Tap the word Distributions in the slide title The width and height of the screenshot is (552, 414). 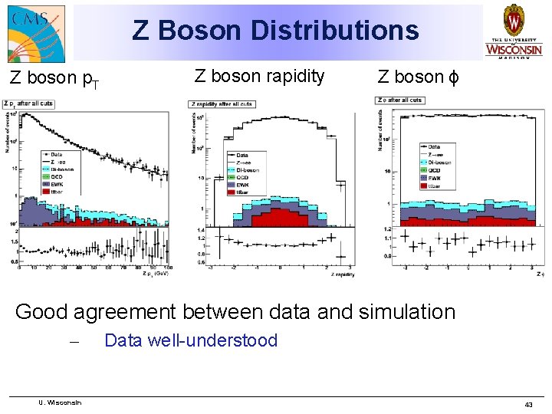[x=333, y=31]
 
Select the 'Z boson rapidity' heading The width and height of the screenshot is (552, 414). [x=259, y=76]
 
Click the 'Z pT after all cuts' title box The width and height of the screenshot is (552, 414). [x=29, y=103]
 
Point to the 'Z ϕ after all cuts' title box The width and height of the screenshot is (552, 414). [x=400, y=100]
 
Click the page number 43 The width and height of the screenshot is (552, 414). [x=528, y=404]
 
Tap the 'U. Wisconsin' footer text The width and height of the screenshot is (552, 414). [x=61, y=402]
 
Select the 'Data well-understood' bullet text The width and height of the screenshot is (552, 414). [x=191, y=340]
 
